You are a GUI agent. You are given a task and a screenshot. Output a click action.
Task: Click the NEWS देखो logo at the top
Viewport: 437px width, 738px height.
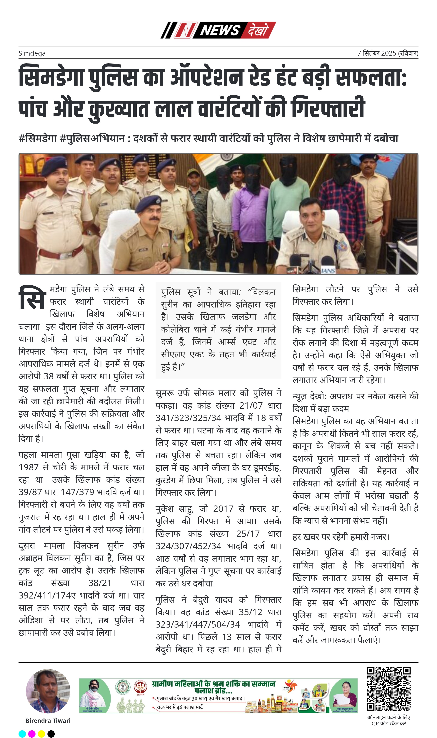click(218, 30)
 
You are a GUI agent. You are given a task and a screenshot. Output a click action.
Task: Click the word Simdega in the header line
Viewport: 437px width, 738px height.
click(32, 53)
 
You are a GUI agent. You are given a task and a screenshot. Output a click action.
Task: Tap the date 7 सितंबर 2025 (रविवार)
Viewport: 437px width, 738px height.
click(388, 53)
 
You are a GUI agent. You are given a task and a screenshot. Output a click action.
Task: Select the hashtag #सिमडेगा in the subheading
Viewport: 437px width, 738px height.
click(38, 138)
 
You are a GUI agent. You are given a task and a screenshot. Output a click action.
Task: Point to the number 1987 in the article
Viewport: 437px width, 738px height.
click(29, 467)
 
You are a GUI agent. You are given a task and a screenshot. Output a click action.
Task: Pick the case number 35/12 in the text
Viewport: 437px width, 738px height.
click(250, 612)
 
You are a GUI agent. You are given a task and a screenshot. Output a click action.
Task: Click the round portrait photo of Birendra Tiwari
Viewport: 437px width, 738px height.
click(48, 691)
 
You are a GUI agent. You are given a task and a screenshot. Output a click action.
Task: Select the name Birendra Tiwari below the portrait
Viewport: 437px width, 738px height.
click(48, 720)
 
